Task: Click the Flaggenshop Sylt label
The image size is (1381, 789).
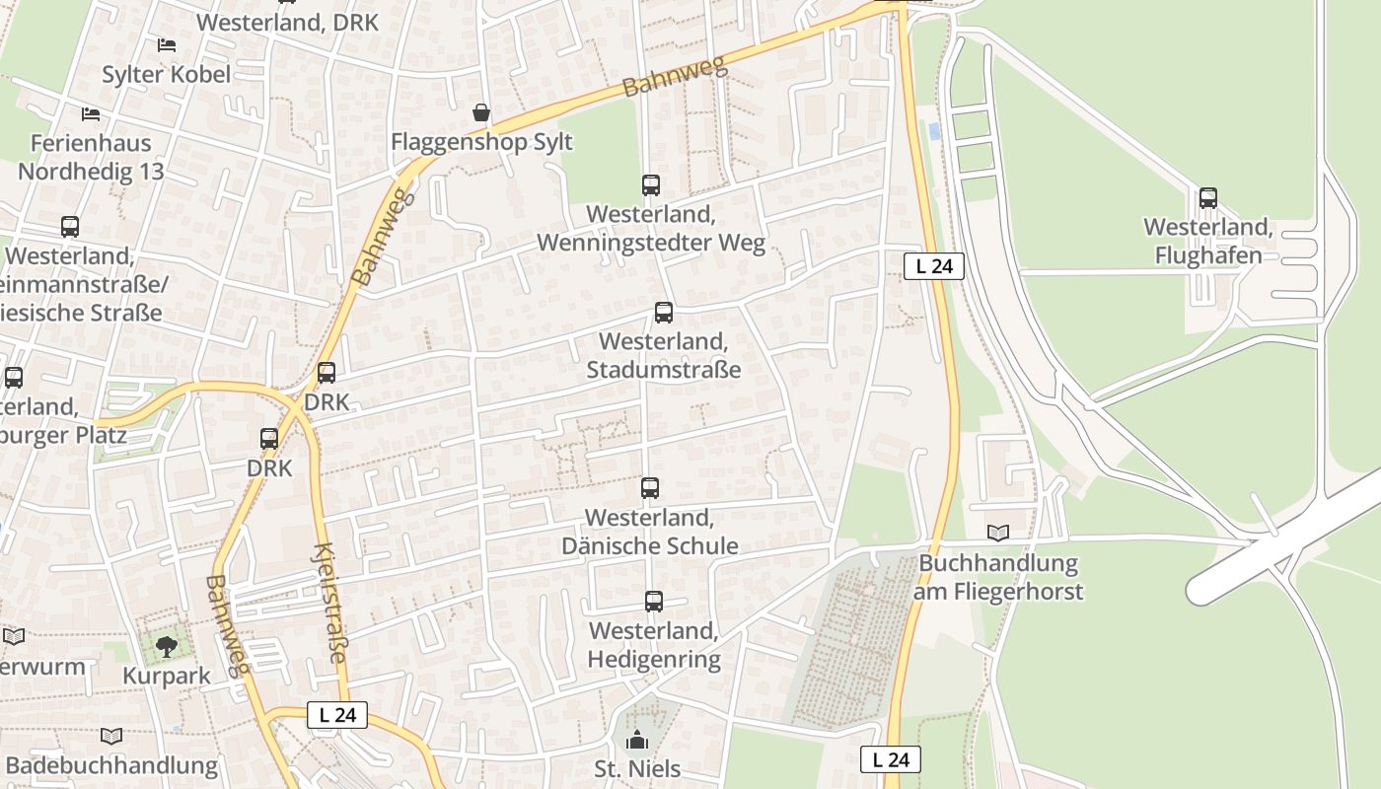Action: coord(481,142)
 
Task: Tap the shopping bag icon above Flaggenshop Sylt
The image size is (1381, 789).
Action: coord(481,113)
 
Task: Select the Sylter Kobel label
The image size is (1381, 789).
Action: coord(167,74)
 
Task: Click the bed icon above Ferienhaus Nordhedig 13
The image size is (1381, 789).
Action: coord(91,114)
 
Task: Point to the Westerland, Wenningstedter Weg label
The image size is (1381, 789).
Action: coord(650,229)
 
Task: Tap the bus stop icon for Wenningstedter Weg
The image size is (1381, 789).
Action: coord(650,184)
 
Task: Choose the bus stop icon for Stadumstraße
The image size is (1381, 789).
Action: coord(664,313)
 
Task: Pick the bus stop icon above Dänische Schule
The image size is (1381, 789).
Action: coord(649,487)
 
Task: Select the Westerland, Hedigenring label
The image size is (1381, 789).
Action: coord(653,645)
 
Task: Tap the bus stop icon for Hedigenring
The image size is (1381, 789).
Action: coord(653,601)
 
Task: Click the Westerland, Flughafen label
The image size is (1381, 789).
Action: coord(1208,242)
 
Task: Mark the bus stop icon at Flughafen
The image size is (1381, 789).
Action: coord(1208,198)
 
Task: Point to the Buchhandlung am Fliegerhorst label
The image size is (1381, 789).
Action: coord(997,577)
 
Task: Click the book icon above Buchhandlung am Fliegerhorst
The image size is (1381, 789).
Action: coord(998,534)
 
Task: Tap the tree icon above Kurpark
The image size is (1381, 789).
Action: coord(167,647)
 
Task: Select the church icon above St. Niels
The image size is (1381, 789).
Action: coord(638,740)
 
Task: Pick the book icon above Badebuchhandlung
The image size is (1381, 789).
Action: coord(111,736)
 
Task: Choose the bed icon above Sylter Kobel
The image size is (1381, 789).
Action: coord(167,45)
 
